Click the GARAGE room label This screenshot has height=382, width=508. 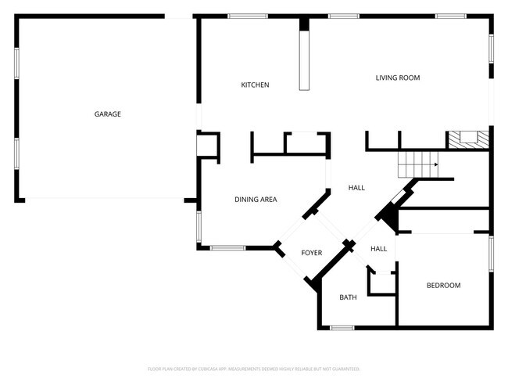click(108, 114)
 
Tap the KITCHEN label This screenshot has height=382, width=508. click(255, 85)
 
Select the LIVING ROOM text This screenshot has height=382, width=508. click(398, 77)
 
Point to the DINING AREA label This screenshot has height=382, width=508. click(256, 200)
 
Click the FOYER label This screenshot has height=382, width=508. click(312, 252)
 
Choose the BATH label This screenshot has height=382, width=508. click(348, 297)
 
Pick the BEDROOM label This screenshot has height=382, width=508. click(443, 286)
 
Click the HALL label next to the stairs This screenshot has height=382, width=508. click(356, 188)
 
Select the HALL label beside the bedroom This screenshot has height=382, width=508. click(378, 249)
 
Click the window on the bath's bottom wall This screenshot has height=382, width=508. click(342, 327)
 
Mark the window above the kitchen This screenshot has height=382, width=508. click(248, 16)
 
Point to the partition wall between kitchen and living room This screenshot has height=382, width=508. click(304, 54)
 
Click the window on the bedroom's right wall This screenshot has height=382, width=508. click(491, 254)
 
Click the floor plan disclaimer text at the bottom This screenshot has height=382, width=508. click(254, 369)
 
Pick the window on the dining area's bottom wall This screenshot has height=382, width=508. click(227, 249)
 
